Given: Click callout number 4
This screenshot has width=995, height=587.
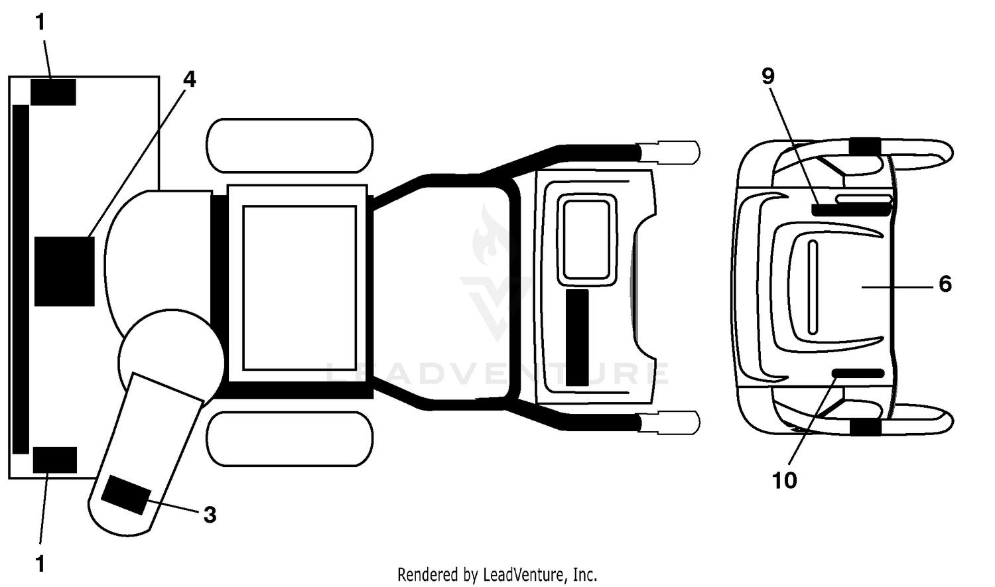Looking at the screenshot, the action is coord(189,80).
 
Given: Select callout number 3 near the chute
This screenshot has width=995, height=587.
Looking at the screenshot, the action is coord(210,515).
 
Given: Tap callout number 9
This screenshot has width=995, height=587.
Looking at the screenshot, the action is coord(768,76).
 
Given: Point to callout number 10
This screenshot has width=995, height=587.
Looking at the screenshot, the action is coord(785,480).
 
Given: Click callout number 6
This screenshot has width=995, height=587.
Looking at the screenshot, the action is coord(945,284).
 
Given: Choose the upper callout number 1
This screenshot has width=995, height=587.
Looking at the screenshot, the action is coord(40,22).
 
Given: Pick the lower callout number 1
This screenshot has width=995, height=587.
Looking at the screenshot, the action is coord(40,564).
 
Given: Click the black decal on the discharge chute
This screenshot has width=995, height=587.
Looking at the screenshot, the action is coord(126,495).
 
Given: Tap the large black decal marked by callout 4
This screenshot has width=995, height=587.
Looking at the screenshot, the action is coord(64,271).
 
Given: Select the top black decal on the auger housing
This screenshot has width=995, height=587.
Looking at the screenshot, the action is coord(53,92).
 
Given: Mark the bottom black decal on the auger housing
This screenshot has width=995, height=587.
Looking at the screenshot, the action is coord(54,460).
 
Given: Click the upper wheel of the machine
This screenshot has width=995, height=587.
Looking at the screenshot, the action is coord(290,145).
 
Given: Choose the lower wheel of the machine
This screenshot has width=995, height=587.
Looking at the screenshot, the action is coord(290,438).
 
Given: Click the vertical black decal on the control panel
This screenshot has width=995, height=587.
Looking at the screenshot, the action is coord(578,338).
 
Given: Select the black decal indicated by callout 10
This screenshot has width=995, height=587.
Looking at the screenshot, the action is coord(858,373).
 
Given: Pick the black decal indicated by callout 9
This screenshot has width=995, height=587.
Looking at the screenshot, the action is coord(852,210).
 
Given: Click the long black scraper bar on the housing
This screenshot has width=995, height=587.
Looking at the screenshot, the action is coord(21,279).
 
